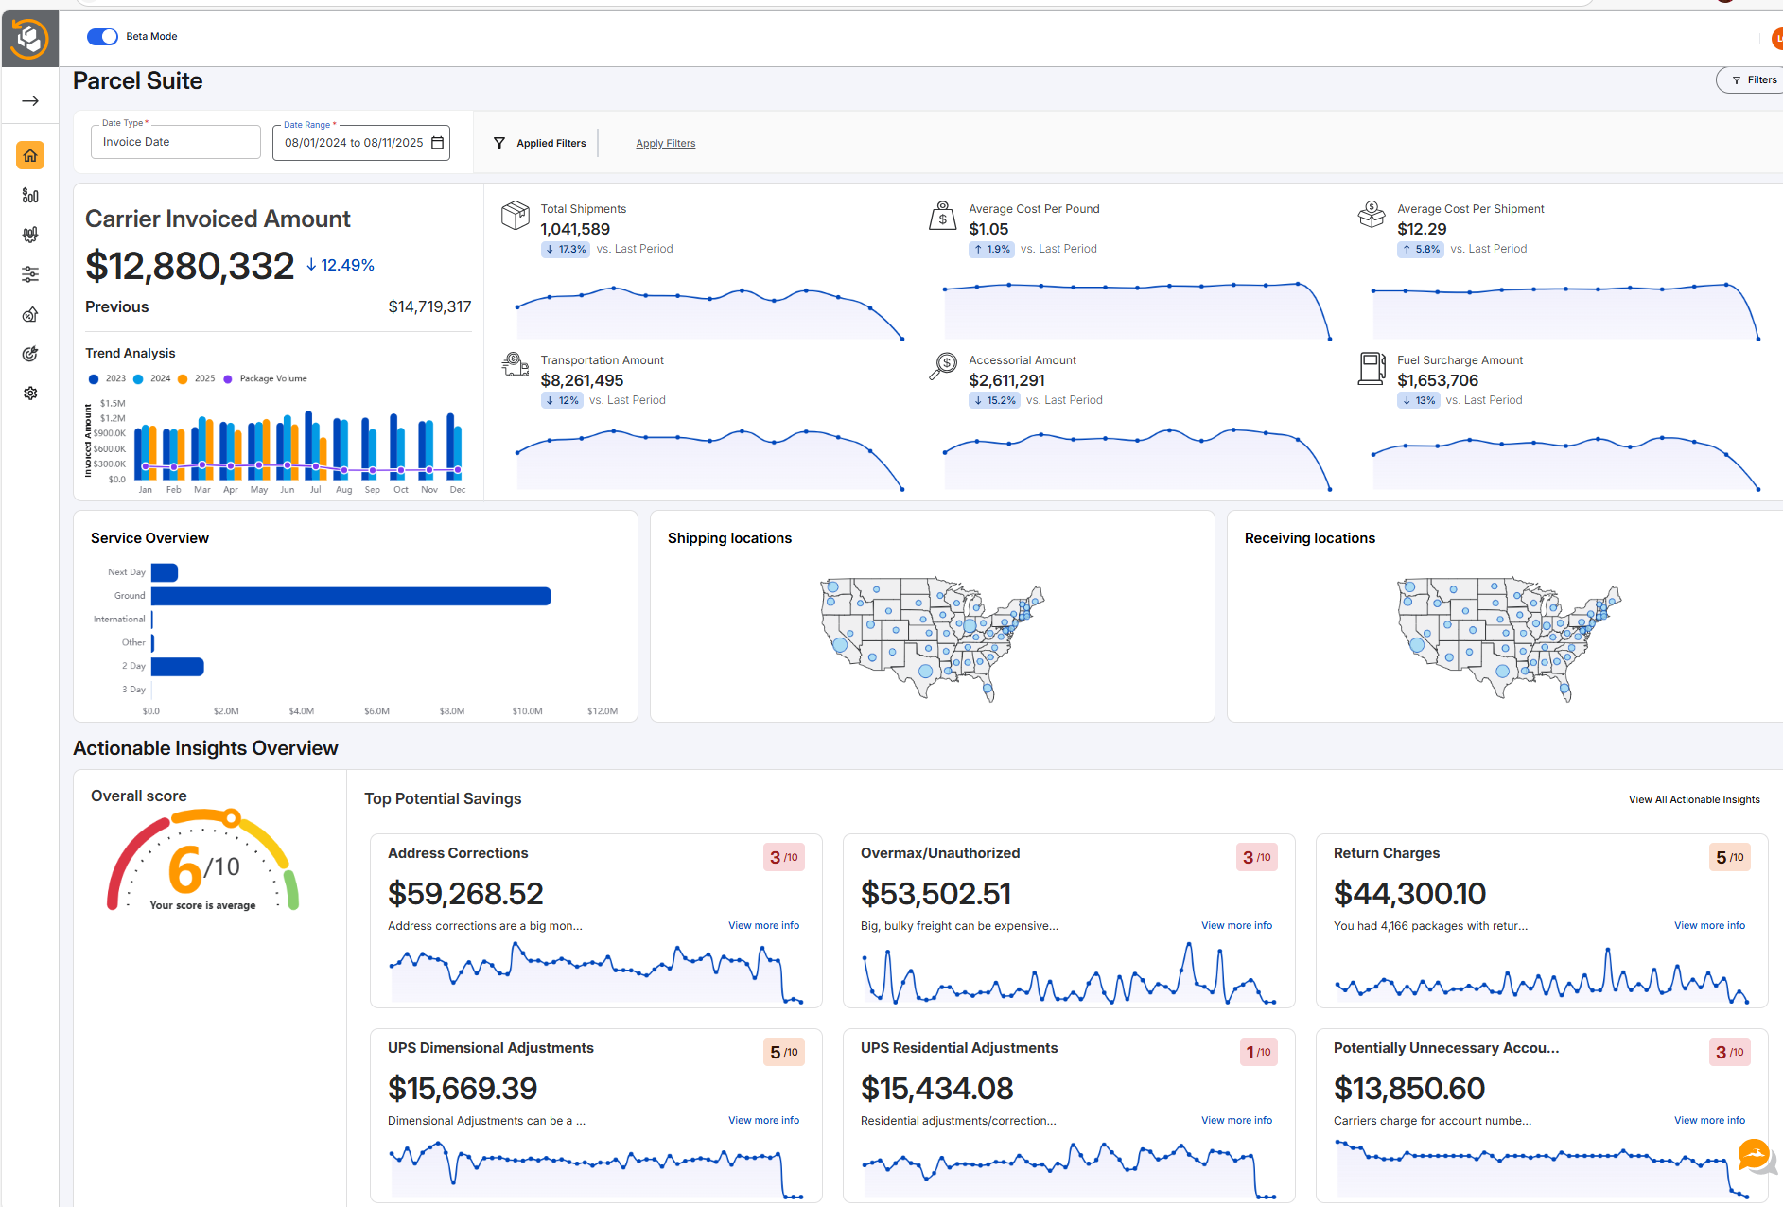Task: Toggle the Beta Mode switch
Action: pos(102,37)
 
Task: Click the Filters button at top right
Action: pos(1753,80)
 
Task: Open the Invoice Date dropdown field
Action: pos(175,142)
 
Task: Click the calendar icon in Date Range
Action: pos(437,143)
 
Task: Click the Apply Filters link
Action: pos(665,144)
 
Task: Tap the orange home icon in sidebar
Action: pos(30,155)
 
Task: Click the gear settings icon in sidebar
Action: pos(30,393)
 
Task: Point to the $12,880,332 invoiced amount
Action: pos(190,266)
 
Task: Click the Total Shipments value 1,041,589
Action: pos(575,229)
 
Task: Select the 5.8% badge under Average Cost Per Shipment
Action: pos(1421,250)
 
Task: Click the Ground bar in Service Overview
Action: pos(351,596)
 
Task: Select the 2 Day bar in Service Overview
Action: pos(177,667)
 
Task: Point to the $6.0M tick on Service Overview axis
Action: pos(376,711)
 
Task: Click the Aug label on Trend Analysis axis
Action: pos(343,490)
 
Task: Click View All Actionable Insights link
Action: pos(1693,800)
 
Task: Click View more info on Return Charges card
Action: pos(1708,926)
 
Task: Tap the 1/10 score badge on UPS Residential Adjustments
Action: pos(1258,1052)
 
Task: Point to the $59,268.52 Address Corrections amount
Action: pos(465,894)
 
